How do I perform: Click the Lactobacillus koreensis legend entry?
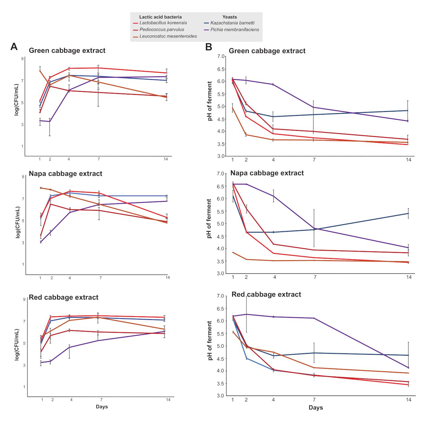163,23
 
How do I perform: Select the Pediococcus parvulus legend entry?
162,30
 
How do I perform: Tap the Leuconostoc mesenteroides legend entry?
168,36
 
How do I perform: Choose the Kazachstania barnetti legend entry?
232,23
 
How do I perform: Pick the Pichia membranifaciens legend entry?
235,30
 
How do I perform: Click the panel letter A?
14,47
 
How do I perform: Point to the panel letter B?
209,47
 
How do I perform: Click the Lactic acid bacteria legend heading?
160,17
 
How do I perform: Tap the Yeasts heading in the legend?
229,17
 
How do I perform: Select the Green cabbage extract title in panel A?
67,51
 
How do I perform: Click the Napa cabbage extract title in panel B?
267,173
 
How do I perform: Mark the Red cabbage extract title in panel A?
63,297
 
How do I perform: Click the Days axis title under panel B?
316,408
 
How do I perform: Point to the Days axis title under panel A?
102,407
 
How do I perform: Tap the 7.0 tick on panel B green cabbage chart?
221,56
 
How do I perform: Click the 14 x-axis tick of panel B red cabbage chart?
408,400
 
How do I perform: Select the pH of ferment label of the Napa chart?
209,218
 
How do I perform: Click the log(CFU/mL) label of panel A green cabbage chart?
16,100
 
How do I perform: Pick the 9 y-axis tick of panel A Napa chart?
23,177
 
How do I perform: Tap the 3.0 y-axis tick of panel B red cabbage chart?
220,396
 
